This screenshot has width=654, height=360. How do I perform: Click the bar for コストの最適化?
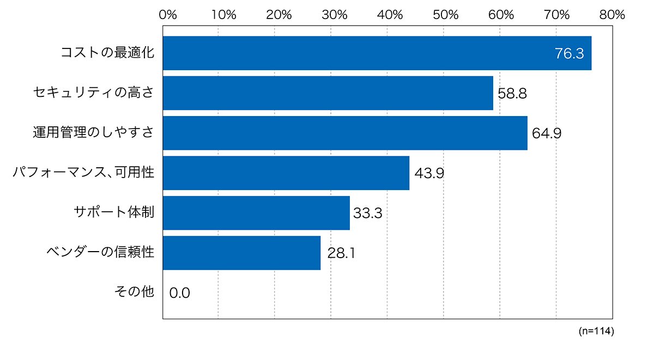point(377,53)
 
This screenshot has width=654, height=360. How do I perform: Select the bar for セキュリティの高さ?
point(328,93)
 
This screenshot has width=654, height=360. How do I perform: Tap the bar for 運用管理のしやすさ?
point(346,133)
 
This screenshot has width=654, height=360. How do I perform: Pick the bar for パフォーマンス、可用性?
point(286,173)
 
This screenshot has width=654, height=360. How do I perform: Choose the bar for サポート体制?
point(256,213)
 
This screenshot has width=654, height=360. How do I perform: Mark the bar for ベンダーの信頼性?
point(242,253)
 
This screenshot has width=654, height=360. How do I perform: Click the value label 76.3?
point(570,54)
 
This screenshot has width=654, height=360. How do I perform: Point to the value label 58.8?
point(512,94)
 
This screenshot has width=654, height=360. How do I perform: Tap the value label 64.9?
point(547,133)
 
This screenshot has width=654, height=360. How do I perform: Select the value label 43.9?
point(429,173)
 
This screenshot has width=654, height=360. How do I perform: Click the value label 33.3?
point(368,213)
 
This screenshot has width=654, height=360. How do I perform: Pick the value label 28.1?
point(341,253)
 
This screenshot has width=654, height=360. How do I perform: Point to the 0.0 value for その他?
point(179,293)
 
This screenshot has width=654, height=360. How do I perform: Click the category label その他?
point(134,291)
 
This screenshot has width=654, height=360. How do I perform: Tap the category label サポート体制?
point(114,212)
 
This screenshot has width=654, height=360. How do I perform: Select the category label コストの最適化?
point(107,53)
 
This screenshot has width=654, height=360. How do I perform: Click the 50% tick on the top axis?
point(446,15)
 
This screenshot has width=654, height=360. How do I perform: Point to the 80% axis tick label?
point(612,15)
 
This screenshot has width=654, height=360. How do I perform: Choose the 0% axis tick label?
point(168,15)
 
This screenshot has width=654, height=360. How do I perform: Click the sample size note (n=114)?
point(596,331)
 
